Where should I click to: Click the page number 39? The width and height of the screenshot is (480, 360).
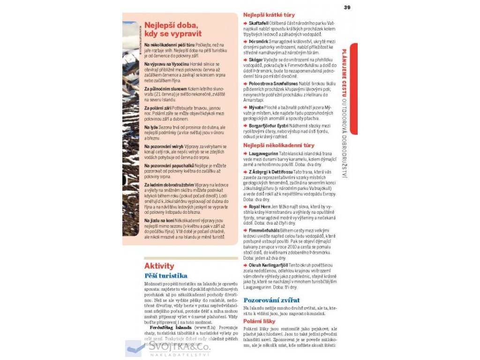347,7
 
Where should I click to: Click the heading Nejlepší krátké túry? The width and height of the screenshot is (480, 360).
269,15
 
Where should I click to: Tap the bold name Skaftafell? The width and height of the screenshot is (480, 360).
258,23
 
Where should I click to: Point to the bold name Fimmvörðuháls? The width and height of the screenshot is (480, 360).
264,231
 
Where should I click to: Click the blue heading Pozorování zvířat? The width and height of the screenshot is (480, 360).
271,300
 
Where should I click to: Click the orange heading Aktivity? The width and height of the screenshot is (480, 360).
159,266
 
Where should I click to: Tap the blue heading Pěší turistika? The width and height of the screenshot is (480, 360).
165,276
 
